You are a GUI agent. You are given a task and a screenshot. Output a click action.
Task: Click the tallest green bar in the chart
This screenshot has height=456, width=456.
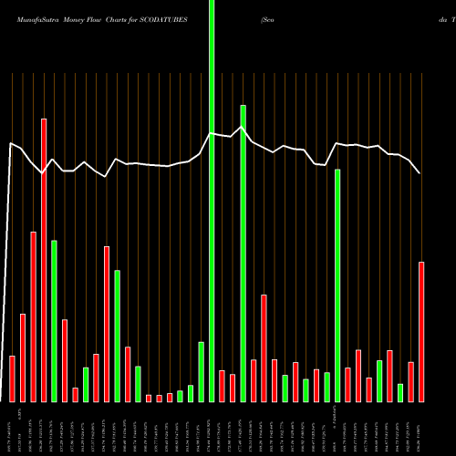[212, 201]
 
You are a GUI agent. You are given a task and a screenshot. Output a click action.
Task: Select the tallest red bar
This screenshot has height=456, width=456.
[43, 260]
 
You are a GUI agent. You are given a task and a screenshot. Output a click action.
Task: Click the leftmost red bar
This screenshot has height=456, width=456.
[12, 378]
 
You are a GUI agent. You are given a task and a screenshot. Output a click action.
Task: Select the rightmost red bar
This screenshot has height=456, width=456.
[421, 332]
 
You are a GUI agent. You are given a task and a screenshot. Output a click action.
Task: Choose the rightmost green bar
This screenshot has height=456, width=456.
[400, 393]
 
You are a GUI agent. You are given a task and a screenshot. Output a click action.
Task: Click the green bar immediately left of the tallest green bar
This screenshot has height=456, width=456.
[201, 372]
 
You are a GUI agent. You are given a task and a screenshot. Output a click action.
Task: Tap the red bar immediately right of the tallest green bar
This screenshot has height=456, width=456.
[222, 386]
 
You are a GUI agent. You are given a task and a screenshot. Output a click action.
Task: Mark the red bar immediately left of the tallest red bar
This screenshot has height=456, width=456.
[33, 316]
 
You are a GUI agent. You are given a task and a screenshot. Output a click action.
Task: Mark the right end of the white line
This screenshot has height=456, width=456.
[420, 173]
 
